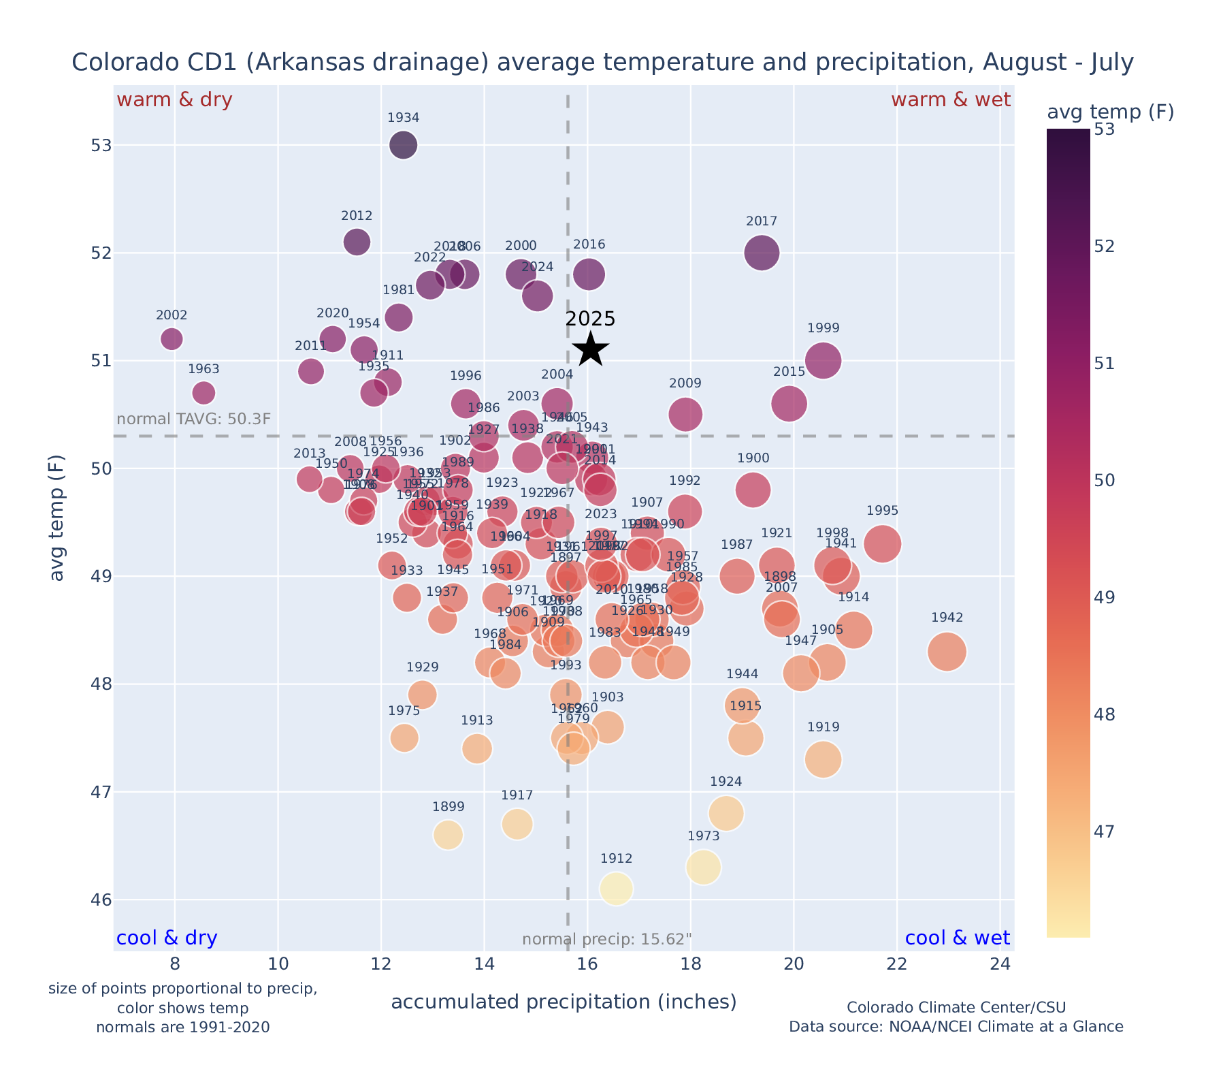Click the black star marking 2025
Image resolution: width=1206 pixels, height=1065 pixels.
tap(590, 349)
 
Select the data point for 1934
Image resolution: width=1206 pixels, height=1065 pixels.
tap(403, 145)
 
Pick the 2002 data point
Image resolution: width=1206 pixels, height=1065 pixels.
tap(172, 338)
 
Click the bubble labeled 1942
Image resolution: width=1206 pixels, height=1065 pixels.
tap(947, 652)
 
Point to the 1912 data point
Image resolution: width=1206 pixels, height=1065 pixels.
tap(616, 889)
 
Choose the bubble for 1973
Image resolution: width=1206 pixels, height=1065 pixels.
tap(704, 867)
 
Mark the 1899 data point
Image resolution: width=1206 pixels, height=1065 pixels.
tap(448, 835)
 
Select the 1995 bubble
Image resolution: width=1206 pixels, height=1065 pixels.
tap(883, 543)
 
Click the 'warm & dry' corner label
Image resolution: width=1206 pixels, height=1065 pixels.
tap(174, 100)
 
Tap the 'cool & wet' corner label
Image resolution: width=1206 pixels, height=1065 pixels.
tap(957, 938)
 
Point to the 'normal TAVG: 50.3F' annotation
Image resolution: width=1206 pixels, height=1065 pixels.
tap(194, 419)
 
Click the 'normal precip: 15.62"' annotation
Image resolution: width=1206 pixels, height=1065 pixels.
tap(606, 940)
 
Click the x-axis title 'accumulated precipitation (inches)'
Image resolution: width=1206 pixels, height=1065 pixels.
tap(564, 1002)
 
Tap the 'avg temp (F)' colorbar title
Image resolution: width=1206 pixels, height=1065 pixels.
tap(1110, 112)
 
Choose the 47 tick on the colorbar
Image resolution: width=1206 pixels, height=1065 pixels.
tap(1105, 832)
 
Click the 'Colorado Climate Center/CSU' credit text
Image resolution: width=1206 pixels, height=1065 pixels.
tap(956, 1007)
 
